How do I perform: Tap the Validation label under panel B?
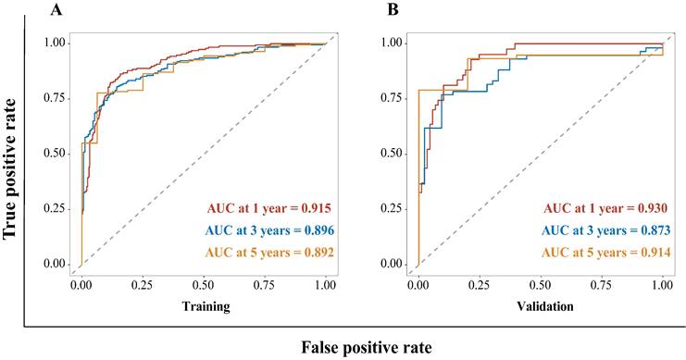click(x=540, y=304)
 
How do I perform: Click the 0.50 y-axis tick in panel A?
click(x=56, y=154)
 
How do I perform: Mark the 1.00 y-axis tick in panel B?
click(x=393, y=43)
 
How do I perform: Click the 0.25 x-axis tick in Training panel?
click(x=142, y=286)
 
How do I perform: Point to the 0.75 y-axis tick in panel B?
click(x=393, y=98)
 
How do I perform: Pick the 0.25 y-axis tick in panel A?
click(x=56, y=209)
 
